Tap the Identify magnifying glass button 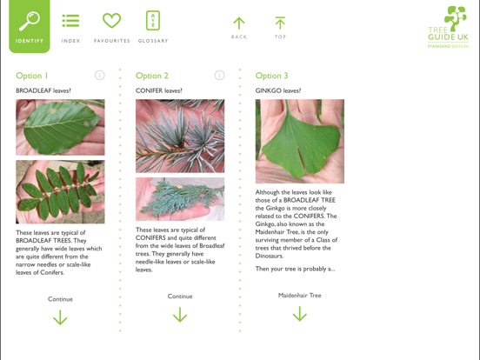[30, 23]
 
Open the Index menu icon [70, 21]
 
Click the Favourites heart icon [111, 21]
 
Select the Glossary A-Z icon [153, 21]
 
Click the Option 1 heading [32, 76]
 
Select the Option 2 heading [152, 76]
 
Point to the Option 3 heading [271, 76]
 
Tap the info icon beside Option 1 [99, 76]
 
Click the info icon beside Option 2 [219, 76]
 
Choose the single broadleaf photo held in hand [60, 127]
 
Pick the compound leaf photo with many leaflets [60, 191]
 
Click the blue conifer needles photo [180, 136]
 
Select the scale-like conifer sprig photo [180, 199]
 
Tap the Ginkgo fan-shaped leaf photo [299, 141]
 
